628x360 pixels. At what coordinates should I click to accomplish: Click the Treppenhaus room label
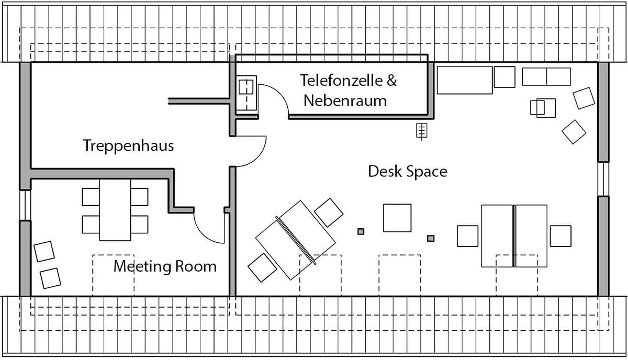pyautogui.click(x=128, y=145)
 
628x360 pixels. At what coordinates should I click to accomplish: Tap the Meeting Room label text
pyautogui.click(x=165, y=266)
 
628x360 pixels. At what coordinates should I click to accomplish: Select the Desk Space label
pyautogui.click(x=408, y=171)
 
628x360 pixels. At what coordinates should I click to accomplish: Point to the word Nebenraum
pyautogui.click(x=345, y=100)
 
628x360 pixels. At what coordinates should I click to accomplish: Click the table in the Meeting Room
pyautogui.click(x=115, y=209)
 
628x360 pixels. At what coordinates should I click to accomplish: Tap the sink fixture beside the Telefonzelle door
pyautogui.click(x=246, y=93)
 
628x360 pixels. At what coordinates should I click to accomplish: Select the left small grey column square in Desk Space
pyautogui.click(x=361, y=231)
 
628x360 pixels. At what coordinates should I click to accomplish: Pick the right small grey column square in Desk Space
pyautogui.click(x=431, y=238)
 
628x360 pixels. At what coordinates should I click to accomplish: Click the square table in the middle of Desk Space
pyautogui.click(x=397, y=218)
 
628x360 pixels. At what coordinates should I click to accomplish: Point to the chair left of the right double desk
pyautogui.click(x=467, y=235)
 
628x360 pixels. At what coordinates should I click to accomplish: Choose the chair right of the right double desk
pyautogui.click(x=560, y=235)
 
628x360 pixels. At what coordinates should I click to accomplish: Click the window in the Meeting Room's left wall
pyautogui.click(x=25, y=205)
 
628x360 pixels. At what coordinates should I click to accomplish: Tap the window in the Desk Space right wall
pyautogui.click(x=603, y=179)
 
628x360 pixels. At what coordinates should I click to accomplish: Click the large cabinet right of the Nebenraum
pyautogui.click(x=465, y=80)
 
